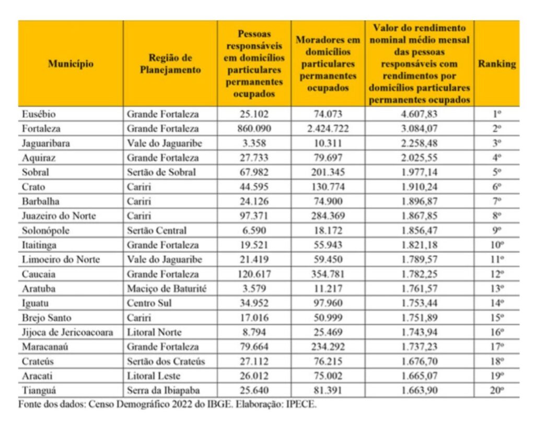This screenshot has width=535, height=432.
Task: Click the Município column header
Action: click(71, 64)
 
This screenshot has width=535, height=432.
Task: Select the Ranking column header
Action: click(496, 64)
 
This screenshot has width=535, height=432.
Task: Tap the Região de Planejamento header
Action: click(170, 64)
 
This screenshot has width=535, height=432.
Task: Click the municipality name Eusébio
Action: click(39, 114)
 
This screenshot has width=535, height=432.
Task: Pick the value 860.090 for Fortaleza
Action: click(253, 128)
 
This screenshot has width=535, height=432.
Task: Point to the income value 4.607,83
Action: click(419, 114)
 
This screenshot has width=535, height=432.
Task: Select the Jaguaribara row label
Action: click(46, 143)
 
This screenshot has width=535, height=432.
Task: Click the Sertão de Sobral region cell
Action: click(161, 172)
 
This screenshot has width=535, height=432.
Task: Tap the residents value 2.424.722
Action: click(328, 128)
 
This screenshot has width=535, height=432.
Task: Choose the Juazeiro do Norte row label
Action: click(59, 215)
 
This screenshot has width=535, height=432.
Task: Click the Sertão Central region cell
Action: click(157, 230)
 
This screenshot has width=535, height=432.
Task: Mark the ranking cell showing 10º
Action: click(497, 244)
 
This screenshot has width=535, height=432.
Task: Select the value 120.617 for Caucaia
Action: click(253, 274)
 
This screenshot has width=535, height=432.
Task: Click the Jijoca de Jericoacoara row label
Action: click(67, 332)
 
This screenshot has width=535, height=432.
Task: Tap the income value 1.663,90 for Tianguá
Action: click(419, 390)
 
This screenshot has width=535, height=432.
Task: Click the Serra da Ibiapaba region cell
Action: click(164, 390)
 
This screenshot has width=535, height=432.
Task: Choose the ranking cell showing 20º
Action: click(497, 390)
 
